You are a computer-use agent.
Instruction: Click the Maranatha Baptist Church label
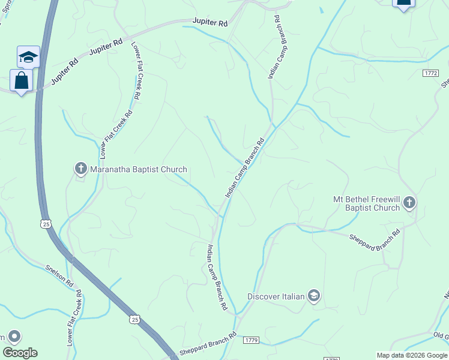point(139,170)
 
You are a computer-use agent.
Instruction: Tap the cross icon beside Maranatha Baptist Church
point(81,169)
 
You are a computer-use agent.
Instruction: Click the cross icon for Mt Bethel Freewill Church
point(409,203)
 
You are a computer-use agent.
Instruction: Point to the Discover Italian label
point(276,296)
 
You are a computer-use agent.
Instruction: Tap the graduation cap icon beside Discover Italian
point(313,296)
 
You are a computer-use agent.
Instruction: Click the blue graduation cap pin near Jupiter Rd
point(28,57)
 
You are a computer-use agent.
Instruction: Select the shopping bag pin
point(21,80)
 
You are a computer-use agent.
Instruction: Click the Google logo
point(20,353)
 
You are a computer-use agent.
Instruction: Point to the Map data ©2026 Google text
point(411,355)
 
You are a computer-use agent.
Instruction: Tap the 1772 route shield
point(430,73)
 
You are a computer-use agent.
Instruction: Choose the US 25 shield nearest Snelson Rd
point(46,223)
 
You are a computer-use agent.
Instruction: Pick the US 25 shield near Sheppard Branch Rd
point(135,320)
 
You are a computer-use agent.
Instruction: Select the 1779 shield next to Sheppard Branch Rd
point(251,340)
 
